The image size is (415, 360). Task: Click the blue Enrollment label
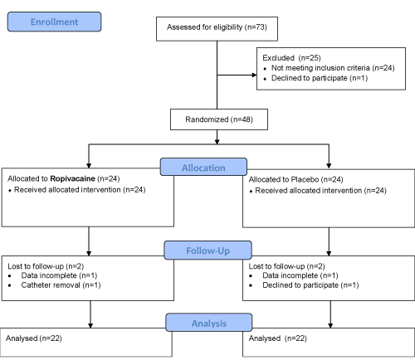(x=54, y=22)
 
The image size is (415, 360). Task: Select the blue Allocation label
(x=203, y=167)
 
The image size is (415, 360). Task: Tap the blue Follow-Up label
(x=207, y=251)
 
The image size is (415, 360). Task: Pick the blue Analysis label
(x=209, y=323)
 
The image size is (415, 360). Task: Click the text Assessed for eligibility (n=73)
(x=217, y=27)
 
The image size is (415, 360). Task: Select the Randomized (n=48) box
(x=219, y=119)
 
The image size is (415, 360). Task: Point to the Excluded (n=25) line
(x=291, y=58)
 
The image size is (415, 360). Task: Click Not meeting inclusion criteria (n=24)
(x=333, y=68)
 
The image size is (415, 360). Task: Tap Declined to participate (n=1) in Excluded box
(x=320, y=78)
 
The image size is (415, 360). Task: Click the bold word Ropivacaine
(x=72, y=178)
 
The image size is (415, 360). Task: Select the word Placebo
(x=305, y=179)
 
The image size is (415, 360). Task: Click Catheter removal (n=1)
(x=61, y=285)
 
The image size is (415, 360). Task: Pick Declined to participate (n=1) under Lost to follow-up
(x=310, y=285)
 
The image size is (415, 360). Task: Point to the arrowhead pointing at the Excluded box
(x=254, y=75)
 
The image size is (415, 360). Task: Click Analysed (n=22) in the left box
(x=34, y=338)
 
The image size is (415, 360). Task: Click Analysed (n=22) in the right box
(x=278, y=338)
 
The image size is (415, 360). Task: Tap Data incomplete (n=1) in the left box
(x=59, y=275)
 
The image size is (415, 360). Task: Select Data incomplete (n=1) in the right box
(x=300, y=275)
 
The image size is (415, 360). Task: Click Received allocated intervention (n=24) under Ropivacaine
(x=80, y=190)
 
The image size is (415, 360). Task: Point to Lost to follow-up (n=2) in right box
(x=286, y=266)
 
